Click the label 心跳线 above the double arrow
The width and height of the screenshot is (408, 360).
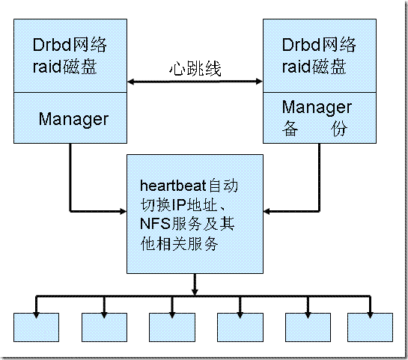pos(194,68)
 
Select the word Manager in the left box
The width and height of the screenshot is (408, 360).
pos(73,118)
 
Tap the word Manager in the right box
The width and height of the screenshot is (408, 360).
pos(308,107)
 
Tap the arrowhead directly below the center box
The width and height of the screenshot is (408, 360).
pos(195,286)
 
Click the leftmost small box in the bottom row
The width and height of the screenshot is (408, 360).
pos(36,327)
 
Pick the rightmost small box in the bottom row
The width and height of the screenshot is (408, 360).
pos(370,327)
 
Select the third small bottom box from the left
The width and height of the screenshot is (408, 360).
pos(171,327)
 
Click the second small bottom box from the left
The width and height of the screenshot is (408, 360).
pos(104,327)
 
